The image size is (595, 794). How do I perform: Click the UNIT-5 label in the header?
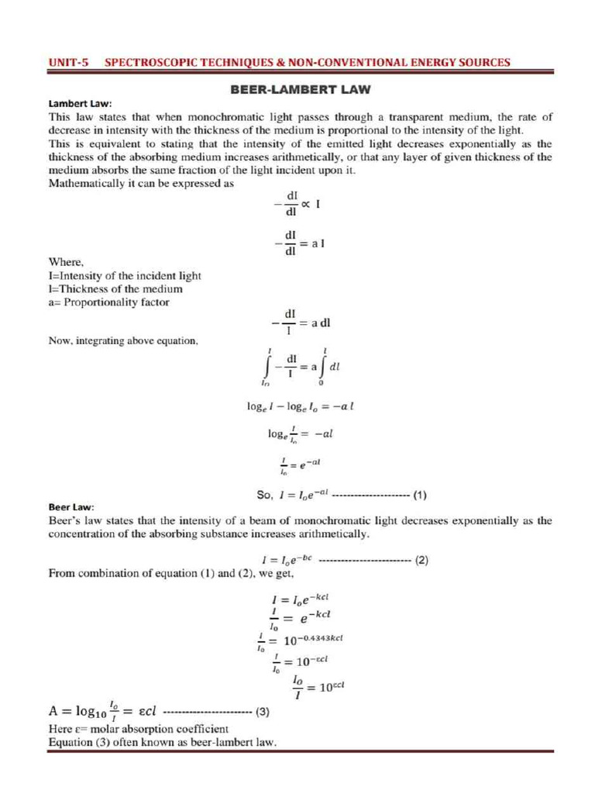coord(67,62)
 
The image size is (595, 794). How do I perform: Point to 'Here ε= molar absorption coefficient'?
coord(138,730)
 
